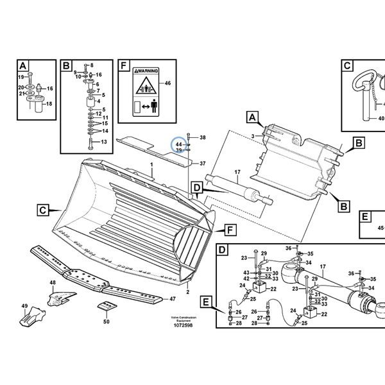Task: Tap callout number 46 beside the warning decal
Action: (167, 83)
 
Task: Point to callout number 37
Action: (202, 164)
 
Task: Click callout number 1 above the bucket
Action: (151, 165)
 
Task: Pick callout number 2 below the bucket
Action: (187, 292)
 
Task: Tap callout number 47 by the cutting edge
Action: (171, 299)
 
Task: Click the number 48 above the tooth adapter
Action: (53, 283)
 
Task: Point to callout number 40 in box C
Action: (381, 119)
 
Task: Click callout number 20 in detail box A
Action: (21, 87)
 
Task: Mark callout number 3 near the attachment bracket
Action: (253, 135)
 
